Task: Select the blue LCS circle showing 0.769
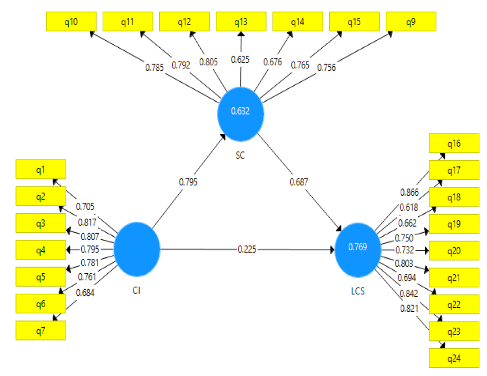point(358,247)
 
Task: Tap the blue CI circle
point(137,249)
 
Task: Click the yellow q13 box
point(241,22)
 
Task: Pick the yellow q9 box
point(410,22)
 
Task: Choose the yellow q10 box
point(71,22)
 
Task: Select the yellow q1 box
point(41,168)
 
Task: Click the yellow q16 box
point(454,143)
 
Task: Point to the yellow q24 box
point(454,358)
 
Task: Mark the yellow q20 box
point(454,251)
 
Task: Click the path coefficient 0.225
point(247,249)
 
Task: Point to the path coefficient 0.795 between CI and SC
point(188,182)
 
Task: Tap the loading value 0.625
point(240,60)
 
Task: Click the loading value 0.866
point(409,192)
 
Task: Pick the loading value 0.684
point(85,293)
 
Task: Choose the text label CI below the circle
point(136,291)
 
